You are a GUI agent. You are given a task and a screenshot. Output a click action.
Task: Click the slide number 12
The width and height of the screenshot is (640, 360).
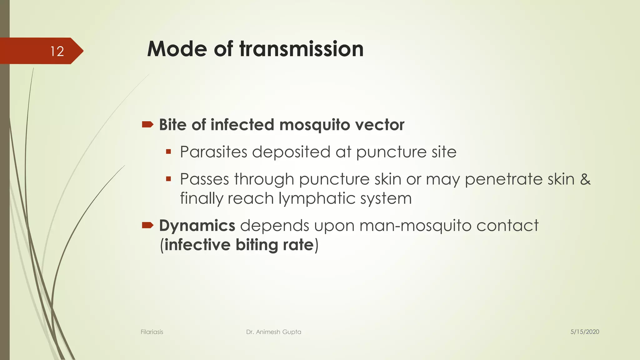pos(57,51)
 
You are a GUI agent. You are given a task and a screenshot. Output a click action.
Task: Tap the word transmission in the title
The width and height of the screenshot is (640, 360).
pos(301,49)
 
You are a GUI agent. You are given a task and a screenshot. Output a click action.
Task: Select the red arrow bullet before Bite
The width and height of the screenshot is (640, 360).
pos(147,125)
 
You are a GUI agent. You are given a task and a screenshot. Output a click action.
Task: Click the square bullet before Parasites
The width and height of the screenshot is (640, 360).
pos(168,152)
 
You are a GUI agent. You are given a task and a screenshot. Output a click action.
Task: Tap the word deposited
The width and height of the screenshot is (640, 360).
pos(291,152)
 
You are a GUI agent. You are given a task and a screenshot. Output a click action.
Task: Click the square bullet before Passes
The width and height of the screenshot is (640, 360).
pos(168,179)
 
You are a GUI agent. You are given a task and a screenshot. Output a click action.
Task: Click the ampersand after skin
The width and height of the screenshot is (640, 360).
pos(585,179)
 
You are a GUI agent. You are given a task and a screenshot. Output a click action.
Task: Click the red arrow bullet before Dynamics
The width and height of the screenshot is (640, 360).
pos(147,225)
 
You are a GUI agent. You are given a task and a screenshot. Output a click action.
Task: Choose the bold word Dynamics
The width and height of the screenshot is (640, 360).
pos(197,226)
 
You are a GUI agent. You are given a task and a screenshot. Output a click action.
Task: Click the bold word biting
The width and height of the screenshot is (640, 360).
pos(257,245)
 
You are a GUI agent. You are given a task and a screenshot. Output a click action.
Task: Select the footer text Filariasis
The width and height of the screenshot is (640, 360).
pos(152,332)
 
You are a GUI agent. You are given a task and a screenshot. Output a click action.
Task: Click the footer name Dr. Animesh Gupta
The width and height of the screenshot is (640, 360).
pos(273,332)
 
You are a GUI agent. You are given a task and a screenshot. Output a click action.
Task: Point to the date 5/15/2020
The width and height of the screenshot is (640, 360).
pos(585,332)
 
